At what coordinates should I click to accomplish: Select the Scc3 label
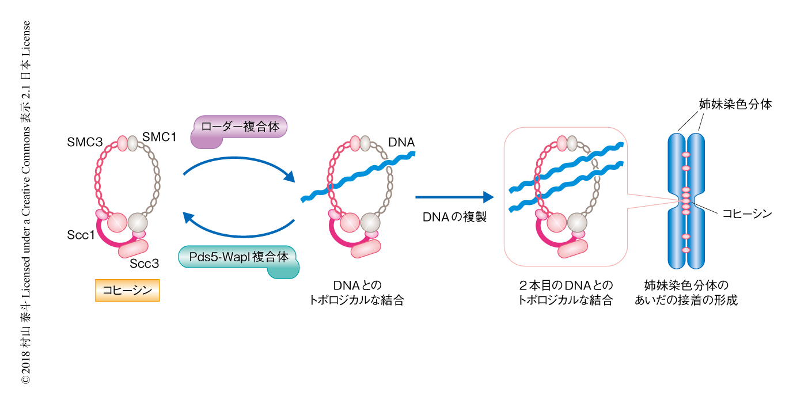tap(143, 264)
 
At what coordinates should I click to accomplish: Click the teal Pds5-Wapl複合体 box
tap(238, 257)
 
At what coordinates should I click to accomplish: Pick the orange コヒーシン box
tap(127, 291)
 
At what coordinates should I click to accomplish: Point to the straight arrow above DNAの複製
tap(454, 197)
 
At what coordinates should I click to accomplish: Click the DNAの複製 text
tap(454, 218)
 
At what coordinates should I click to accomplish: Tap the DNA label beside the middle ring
tap(402, 142)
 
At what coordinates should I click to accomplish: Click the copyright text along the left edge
tap(25, 202)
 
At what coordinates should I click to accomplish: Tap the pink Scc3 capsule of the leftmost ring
tap(134, 249)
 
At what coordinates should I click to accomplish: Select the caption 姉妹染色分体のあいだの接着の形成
tap(685, 292)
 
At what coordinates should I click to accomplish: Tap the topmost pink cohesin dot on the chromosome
tap(685, 155)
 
